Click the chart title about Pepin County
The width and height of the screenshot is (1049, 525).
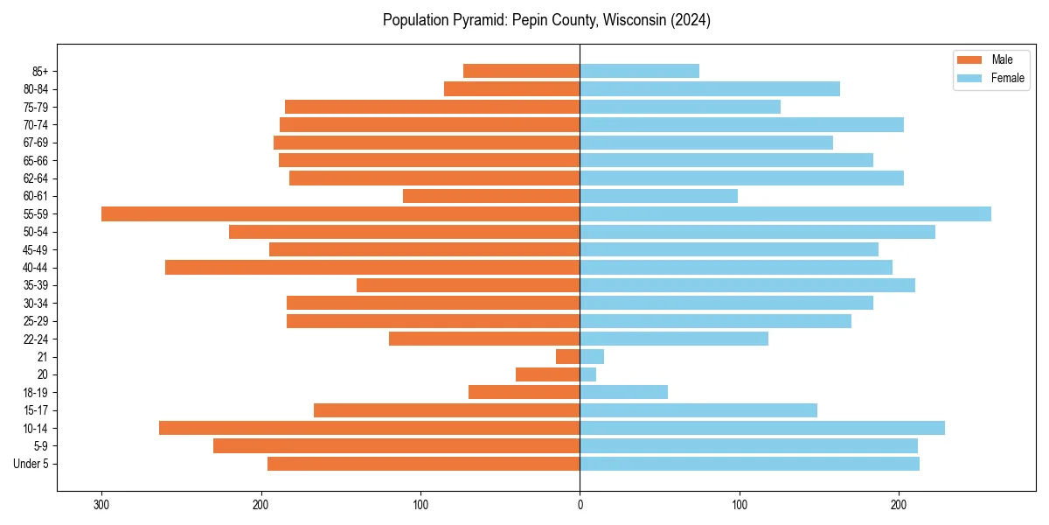pos(546,20)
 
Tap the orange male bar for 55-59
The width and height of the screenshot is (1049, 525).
pos(341,214)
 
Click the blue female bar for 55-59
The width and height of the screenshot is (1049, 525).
pos(785,214)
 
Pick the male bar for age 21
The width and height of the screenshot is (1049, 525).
pos(568,357)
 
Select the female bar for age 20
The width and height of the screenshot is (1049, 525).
pos(587,374)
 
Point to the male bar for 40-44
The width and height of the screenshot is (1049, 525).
pos(372,268)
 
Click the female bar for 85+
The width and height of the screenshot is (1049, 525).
pos(639,71)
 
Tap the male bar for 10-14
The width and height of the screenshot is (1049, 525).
pos(369,428)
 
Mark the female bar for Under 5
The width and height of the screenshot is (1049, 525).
pos(749,464)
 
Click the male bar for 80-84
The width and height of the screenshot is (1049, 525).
pos(511,89)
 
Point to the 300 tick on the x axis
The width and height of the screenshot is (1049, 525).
pos(101,505)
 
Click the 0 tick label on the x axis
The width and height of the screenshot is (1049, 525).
pos(580,505)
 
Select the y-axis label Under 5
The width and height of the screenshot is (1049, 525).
pos(31,464)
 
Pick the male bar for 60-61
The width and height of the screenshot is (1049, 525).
pos(491,196)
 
